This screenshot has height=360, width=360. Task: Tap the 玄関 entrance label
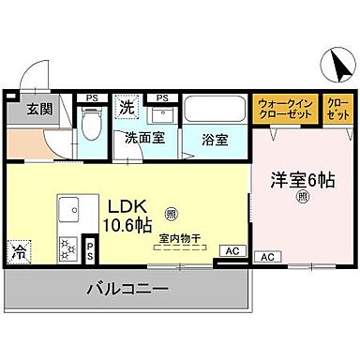point(25,110)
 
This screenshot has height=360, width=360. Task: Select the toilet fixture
point(92,123)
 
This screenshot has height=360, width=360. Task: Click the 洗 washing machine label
point(126,108)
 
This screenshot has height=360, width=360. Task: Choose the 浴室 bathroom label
point(215,140)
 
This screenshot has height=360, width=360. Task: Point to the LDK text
point(126,205)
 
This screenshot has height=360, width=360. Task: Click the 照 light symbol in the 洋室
point(302,196)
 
